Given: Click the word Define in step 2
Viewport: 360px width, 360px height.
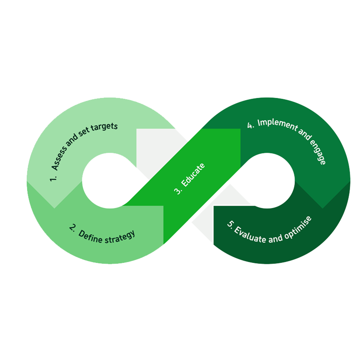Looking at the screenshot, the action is [90, 237].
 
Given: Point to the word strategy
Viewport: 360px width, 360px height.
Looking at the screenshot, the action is [120, 238].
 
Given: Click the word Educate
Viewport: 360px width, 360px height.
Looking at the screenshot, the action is [193, 175].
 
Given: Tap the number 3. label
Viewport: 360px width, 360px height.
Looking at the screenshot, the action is [178, 191].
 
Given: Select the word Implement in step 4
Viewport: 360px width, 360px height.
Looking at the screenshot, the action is [278, 125].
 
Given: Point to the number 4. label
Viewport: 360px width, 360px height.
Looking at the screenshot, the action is [250, 125].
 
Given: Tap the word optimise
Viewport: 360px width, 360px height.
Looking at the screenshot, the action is [298, 227].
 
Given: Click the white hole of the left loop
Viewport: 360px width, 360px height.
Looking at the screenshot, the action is [110, 181].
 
